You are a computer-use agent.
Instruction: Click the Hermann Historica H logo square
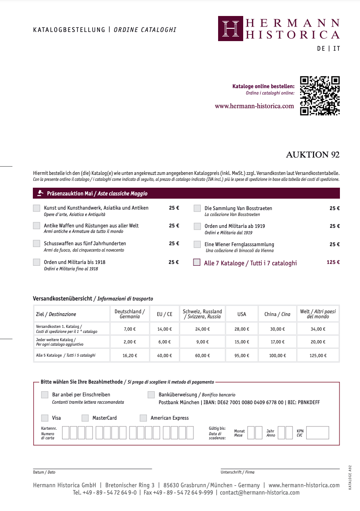(230, 28)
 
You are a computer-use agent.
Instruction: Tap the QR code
(320, 95)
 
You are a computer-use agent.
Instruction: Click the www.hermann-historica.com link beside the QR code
(255, 106)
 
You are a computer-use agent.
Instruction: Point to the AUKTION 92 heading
(313, 155)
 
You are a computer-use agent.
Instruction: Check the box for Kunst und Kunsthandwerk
(37, 208)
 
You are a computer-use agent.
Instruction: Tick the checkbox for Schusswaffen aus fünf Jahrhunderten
(37, 244)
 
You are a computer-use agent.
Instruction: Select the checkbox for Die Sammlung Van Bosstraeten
(197, 208)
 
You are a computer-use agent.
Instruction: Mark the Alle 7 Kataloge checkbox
(197, 263)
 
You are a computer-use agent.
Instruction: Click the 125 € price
(333, 263)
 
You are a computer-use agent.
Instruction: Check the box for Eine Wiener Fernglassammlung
(197, 244)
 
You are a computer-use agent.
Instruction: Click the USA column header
(241, 314)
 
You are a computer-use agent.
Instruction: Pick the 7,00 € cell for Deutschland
(130, 329)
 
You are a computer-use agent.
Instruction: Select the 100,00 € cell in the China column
(277, 355)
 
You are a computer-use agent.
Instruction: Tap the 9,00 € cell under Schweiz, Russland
(202, 342)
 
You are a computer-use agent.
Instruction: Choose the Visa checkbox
(45, 418)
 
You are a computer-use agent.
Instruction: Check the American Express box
(143, 418)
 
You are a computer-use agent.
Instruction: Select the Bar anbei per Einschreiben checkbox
(45, 395)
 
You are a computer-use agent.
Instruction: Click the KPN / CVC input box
(318, 432)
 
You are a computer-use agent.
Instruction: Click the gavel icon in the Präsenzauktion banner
(40, 193)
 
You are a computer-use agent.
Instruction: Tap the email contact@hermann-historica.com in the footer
(260, 493)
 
